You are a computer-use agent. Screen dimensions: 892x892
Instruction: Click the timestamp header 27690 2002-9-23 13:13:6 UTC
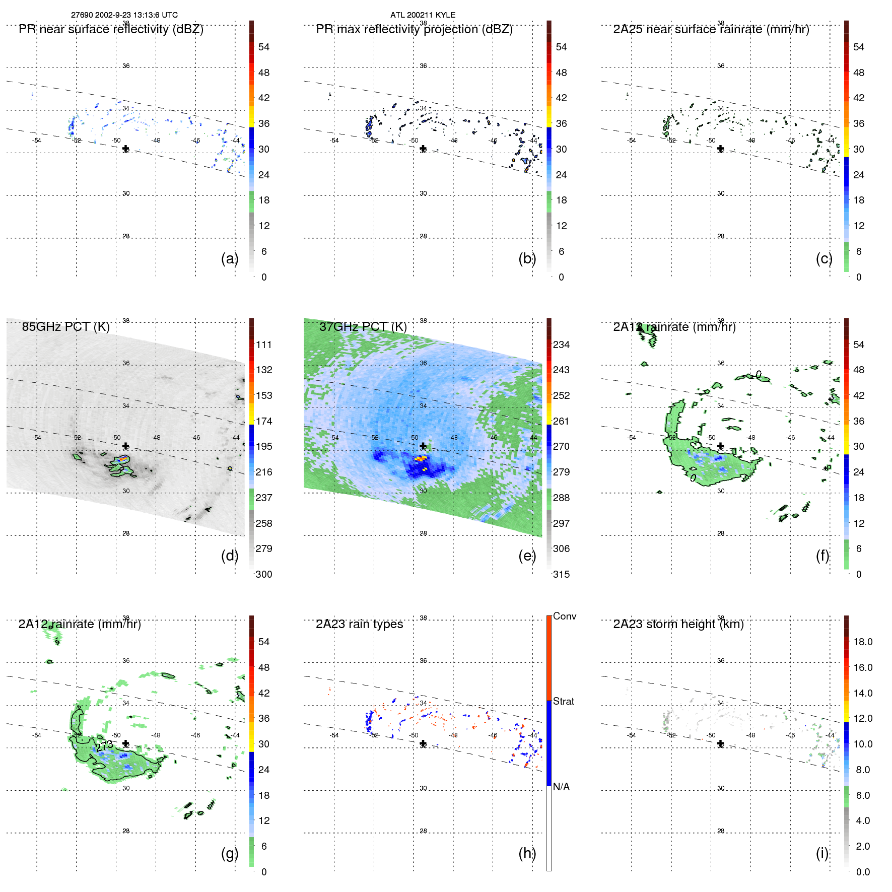[x=124, y=15]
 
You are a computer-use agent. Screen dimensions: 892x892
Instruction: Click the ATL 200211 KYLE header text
[x=423, y=15]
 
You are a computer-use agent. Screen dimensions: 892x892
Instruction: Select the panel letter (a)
[x=229, y=258]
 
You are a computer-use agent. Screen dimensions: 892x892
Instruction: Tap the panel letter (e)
[x=527, y=556]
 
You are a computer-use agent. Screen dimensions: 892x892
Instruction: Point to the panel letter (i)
[x=822, y=853]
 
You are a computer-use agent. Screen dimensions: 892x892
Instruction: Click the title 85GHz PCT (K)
[x=65, y=327]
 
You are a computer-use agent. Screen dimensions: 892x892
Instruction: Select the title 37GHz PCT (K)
[x=363, y=327]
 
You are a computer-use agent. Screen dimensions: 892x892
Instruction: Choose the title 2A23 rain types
[x=359, y=624]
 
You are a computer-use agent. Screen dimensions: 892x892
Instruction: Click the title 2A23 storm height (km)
[x=678, y=624]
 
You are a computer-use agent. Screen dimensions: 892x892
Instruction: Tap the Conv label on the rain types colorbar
[x=564, y=616]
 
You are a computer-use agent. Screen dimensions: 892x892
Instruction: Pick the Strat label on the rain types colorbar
[x=563, y=701]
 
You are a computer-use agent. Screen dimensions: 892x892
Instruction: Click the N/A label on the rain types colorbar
[x=561, y=787]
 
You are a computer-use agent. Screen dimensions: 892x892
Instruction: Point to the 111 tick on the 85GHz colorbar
[x=264, y=345]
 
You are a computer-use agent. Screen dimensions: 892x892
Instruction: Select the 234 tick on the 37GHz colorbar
[x=561, y=345]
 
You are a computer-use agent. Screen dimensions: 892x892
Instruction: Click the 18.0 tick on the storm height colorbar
[x=862, y=642]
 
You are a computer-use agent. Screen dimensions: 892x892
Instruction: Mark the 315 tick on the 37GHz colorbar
[x=561, y=574]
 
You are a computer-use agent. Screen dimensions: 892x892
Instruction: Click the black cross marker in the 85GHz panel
[x=125, y=446]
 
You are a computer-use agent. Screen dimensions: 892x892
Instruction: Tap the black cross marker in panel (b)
[x=423, y=149]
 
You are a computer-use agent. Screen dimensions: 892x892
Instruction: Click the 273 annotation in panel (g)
[x=104, y=745]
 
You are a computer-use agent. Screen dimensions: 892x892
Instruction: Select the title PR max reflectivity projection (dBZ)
[x=414, y=29]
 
